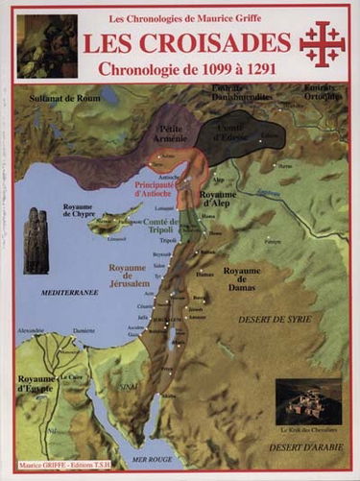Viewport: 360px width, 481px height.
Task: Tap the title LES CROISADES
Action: tap(186, 43)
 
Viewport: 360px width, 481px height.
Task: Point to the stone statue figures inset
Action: tap(36, 240)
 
